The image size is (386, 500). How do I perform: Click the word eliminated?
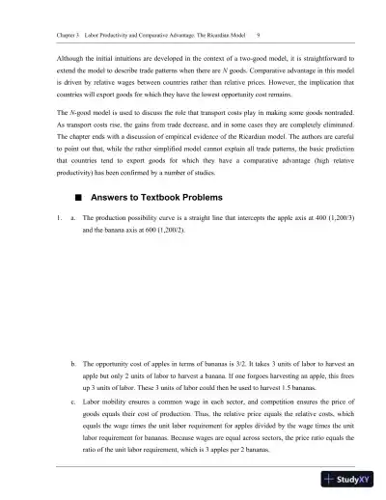328,127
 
